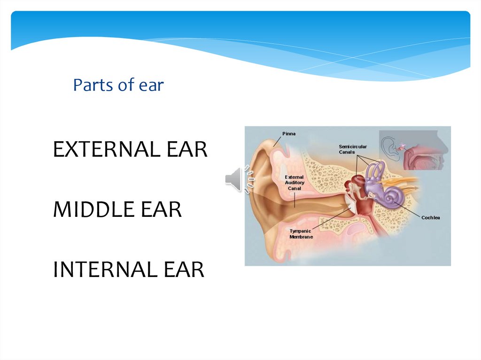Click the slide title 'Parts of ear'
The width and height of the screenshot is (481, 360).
coord(118,85)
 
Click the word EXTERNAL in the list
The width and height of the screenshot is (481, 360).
coord(100,150)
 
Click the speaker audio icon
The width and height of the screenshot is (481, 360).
coord(239,179)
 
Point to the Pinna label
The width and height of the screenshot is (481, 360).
coord(289,134)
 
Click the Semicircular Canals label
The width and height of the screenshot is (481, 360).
coord(353,149)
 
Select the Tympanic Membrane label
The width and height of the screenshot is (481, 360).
coord(301,234)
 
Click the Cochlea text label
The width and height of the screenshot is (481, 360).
coord(431,218)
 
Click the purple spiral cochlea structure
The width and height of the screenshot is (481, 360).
coord(389,198)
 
